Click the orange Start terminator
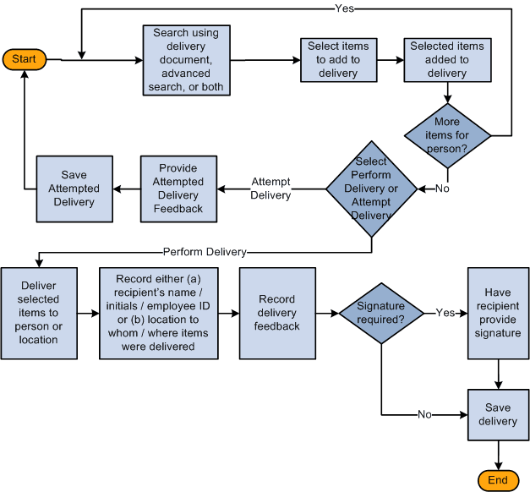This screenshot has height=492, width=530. coord(25,59)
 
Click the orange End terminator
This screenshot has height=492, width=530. coord(498,480)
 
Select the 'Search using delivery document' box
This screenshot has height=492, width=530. coord(185,60)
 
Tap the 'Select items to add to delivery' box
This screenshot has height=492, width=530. coord(338,60)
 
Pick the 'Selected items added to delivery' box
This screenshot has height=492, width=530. coord(447,60)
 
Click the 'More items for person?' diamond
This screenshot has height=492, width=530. coord(447,134)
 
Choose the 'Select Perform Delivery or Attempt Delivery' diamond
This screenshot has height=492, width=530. coord(371,188)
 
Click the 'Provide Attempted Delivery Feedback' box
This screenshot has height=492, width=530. coord(179,188)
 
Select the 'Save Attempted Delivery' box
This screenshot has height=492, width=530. coord(74,188)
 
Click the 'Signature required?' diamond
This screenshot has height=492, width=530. coord(380,313)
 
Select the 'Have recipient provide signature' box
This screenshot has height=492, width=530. coord(498,313)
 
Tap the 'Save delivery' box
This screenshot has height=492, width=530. coord(498,415)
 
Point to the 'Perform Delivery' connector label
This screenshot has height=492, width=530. coord(205,252)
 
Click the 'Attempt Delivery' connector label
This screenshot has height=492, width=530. coord(270,189)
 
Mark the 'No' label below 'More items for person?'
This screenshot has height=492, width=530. coord(442,188)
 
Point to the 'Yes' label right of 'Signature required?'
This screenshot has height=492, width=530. coord(445,313)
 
